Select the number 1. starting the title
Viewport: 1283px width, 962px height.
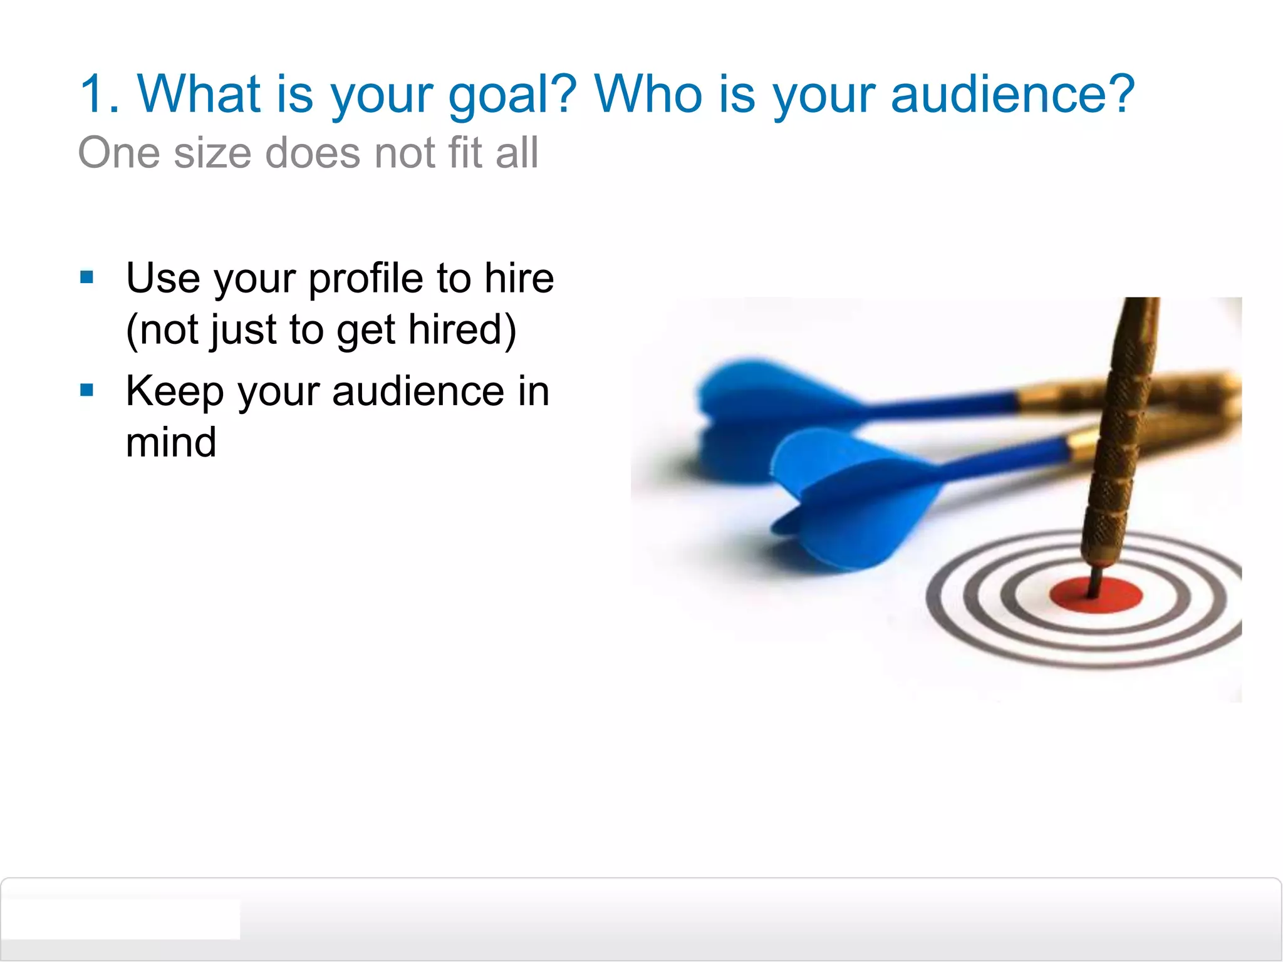(100, 94)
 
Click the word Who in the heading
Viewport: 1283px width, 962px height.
(649, 94)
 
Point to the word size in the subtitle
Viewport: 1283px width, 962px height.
(212, 153)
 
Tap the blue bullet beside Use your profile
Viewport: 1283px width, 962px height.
(87, 277)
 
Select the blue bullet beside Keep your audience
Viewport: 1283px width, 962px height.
(87, 391)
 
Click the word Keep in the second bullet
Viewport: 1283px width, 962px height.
(175, 392)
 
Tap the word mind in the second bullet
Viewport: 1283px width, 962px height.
(171, 442)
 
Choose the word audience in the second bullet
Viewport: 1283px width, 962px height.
(418, 391)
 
